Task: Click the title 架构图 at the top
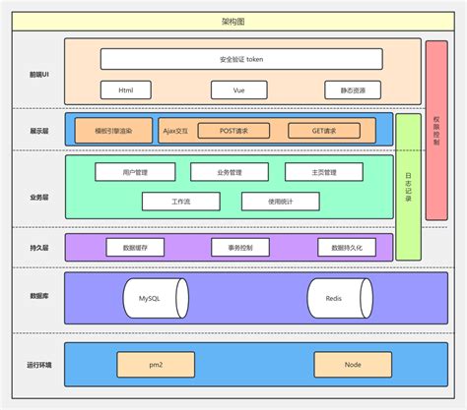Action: pos(234,21)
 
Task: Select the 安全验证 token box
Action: pos(241,59)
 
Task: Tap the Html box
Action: pos(127,89)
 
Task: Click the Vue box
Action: pos(239,89)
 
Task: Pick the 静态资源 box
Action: pos(352,89)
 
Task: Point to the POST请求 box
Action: pos(233,130)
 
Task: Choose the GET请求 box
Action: pos(323,130)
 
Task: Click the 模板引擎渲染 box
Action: pos(115,130)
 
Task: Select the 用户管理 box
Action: pos(134,172)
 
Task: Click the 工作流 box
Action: pos(181,201)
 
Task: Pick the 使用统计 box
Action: pos(281,201)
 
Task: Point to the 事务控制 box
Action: pos(239,248)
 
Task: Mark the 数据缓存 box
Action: pos(135,248)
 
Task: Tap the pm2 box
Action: pos(156,365)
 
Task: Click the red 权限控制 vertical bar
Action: pos(436,130)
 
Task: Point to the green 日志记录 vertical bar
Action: pos(408,187)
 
